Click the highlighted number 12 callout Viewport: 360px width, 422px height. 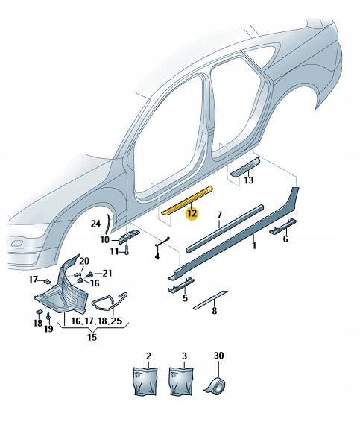point(192,213)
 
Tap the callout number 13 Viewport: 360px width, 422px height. point(248,181)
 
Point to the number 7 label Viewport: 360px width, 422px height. point(220,216)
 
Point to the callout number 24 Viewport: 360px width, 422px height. point(95,223)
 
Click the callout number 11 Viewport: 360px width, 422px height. point(115,251)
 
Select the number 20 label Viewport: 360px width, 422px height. point(84,260)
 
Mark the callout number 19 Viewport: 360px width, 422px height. point(49,328)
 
